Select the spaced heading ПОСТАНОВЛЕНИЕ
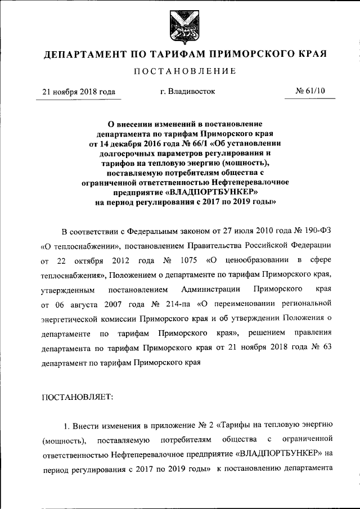[x=180, y=71]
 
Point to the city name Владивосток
[x=187, y=92]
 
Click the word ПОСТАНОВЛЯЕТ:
[x=78, y=397]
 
